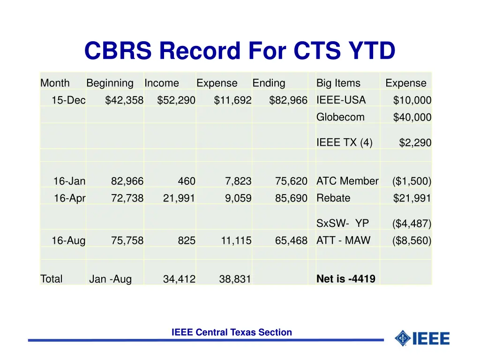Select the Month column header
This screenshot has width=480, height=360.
click(55, 83)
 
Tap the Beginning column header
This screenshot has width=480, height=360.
click(110, 83)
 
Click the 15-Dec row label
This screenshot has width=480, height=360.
click(68, 100)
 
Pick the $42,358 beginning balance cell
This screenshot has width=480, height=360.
click(124, 100)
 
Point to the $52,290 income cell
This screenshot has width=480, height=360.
click(176, 100)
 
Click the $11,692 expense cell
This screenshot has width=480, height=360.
click(232, 100)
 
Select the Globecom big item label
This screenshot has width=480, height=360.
click(340, 117)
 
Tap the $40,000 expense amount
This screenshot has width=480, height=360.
click(412, 118)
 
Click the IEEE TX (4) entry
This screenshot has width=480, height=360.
click(345, 142)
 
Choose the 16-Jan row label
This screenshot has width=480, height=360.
click(69, 181)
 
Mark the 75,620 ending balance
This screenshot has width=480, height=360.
click(291, 181)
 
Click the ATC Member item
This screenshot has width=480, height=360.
click(347, 181)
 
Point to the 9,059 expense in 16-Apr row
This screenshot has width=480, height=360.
click(238, 198)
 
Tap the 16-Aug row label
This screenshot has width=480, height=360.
click(68, 241)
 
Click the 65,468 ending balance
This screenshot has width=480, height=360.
click(291, 241)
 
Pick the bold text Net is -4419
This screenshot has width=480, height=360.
click(346, 279)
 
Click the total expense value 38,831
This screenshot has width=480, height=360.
click(235, 279)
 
